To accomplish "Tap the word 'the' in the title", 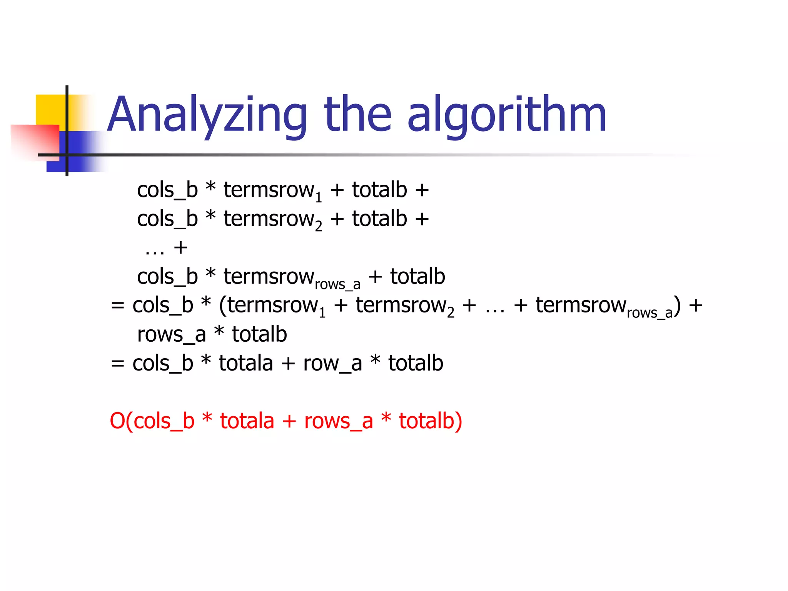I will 357,114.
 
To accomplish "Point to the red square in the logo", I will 35,140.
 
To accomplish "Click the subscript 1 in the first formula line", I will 319,197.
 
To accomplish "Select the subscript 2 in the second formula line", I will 319,226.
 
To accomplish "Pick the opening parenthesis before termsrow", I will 223,306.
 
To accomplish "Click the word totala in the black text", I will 246,363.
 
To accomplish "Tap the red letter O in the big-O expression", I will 117,421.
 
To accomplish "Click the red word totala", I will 247,421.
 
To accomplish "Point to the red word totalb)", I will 430,421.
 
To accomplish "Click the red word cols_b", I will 164,421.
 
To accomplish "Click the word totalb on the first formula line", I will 379,190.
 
